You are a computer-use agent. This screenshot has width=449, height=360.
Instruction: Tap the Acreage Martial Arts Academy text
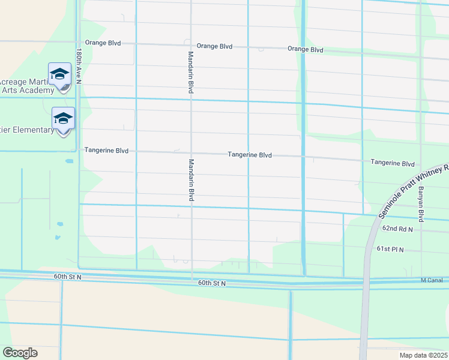pyautogui.click(x=27, y=86)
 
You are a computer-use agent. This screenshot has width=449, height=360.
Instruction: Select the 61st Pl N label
pyautogui.click(x=390, y=248)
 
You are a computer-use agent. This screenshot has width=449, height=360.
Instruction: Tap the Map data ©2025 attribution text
pyautogui.click(x=423, y=355)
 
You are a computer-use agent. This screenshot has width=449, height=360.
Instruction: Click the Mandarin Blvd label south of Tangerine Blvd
pyautogui.click(x=191, y=181)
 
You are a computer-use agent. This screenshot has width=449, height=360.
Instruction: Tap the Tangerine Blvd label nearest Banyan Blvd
pyautogui.click(x=393, y=163)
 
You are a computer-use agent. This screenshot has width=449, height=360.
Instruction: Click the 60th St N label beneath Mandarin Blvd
pyautogui.click(x=212, y=283)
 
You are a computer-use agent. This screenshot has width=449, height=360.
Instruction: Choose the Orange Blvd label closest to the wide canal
pyautogui.click(x=305, y=49)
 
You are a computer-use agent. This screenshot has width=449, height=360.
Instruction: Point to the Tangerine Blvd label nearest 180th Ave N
pyautogui.click(x=106, y=150)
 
